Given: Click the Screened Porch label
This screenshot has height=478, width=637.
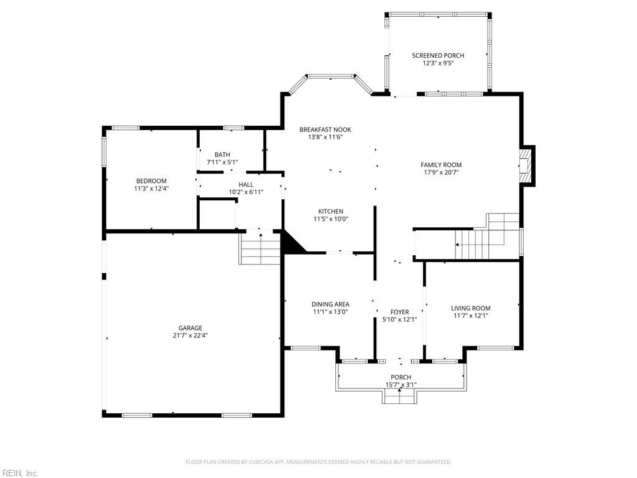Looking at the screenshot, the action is (438, 55).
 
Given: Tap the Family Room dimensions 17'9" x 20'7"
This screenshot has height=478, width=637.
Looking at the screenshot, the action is (441, 172).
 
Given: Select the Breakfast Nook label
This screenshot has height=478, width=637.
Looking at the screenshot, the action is (325, 129).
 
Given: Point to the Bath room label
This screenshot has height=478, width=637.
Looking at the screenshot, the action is (222, 154).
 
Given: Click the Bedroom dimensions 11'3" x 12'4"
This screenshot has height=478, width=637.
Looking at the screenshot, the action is (151, 189).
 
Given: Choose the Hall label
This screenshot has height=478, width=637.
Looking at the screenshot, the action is (246, 184).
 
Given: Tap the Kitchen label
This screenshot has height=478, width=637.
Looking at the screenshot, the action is (331, 212).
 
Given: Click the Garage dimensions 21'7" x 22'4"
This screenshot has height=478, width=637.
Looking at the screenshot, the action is (190, 335).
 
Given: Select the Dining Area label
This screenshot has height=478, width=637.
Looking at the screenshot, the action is (330, 304).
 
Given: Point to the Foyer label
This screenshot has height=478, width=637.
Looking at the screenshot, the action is (400, 312).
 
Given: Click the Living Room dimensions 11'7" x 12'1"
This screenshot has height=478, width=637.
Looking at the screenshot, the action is (470, 316).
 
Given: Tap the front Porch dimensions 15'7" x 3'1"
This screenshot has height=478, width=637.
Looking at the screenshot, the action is (401, 385).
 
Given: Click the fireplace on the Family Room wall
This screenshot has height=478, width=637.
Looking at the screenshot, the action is (528, 166).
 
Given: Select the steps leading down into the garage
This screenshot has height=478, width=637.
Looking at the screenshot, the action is (259, 247).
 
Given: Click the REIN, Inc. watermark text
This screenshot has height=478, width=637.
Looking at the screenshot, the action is (19, 473).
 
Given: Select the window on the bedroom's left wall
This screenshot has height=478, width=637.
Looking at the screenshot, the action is (104, 152).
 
